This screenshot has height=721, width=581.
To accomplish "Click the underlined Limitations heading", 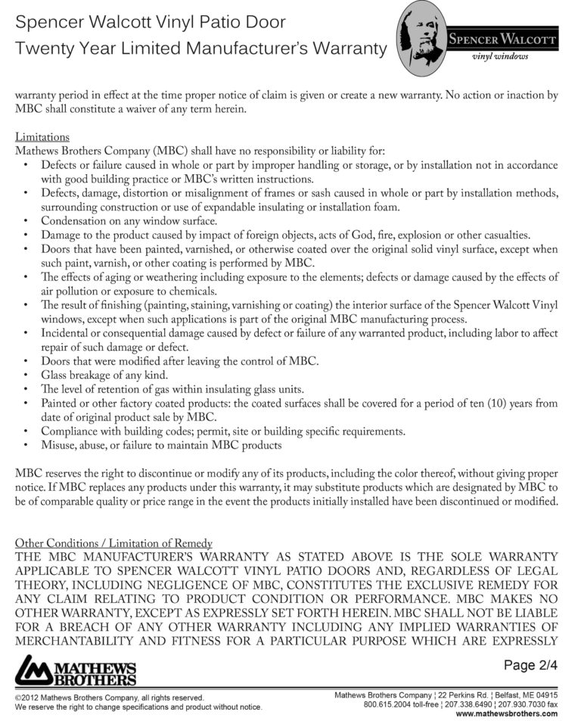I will tap(42, 137).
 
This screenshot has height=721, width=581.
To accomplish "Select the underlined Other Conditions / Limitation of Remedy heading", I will tap(113, 543).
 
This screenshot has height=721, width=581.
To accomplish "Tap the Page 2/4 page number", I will tap(530, 666).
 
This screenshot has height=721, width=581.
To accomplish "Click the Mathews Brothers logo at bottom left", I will tap(76, 671).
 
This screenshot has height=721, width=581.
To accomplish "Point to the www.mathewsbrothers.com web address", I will tap(506, 713).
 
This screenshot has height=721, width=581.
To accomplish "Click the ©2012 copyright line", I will tap(109, 697).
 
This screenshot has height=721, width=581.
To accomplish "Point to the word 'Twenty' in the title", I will tap(42, 49).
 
